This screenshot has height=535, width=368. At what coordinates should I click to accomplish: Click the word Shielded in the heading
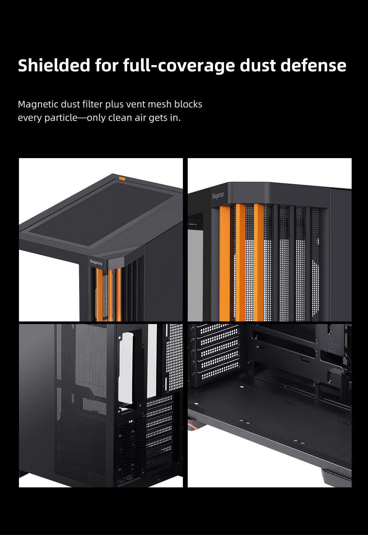[54, 65]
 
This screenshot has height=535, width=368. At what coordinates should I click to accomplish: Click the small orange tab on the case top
[122, 179]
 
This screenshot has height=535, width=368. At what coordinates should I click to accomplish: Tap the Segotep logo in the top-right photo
[218, 196]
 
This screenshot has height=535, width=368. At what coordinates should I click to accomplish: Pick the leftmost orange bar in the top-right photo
[225, 263]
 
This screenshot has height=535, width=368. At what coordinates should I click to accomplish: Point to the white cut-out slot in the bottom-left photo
[126, 369]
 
